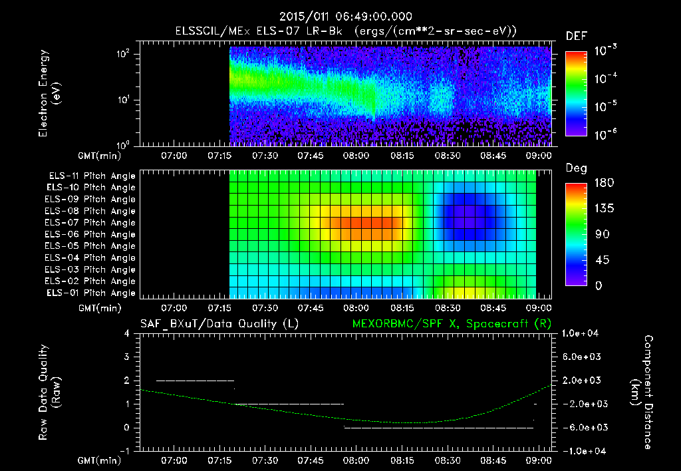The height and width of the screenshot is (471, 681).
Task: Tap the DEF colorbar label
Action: coord(576,36)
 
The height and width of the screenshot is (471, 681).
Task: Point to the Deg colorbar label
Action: coord(576,168)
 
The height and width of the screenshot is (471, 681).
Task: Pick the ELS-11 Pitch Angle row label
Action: coord(91,176)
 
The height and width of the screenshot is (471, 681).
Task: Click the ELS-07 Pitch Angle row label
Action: coord(91,223)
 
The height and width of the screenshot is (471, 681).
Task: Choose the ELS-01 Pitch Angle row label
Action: coord(91,293)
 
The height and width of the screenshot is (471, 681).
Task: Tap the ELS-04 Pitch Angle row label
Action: coord(91,258)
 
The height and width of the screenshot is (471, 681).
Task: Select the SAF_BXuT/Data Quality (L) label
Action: coord(219,323)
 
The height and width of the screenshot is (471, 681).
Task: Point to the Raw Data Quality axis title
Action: coord(50,392)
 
